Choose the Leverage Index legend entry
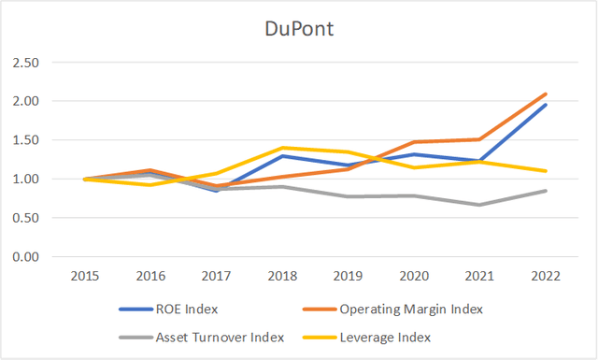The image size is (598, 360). tap(384, 337)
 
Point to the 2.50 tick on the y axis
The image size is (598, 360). tap(37, 63)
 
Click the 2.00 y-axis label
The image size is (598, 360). tap(37, 101)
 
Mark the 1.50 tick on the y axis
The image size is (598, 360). tap(37, 140)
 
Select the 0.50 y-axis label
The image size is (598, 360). tap(37, 218)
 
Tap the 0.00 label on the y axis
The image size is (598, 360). tap(37, 257)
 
